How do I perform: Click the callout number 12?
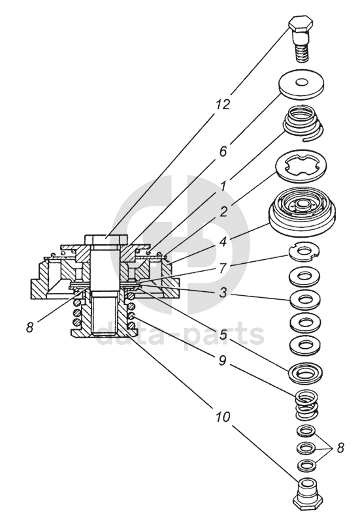point(223,104)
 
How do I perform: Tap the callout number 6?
point(223,152)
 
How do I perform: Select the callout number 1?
point(223,185)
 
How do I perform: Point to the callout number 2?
point(223,212)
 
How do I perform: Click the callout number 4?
point(223,242)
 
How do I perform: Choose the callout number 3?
point(223,292)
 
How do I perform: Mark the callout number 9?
point(223,361)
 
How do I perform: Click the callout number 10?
point(223,417)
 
